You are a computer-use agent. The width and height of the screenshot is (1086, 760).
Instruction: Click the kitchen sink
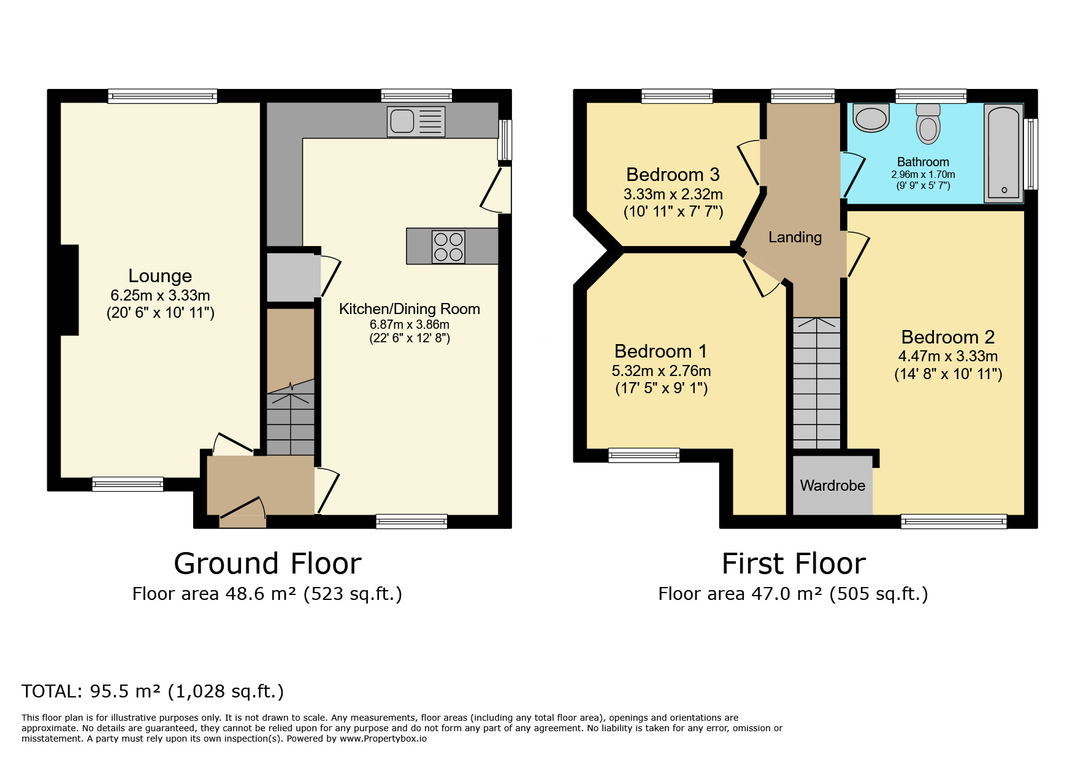[416, 121]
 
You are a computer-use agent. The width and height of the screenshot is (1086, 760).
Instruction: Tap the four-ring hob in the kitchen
[448, 247]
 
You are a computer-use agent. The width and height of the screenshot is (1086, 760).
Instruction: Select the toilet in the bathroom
[928, 123]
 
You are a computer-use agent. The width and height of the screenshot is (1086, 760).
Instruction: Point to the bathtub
[1004, 153]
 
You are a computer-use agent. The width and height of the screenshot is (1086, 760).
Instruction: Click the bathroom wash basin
[871, 118]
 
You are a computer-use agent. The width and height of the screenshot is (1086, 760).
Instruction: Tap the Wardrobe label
[833, 485]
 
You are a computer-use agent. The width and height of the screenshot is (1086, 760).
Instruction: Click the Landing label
[795, 237]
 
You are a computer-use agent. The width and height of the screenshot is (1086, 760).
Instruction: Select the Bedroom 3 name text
[673, 174]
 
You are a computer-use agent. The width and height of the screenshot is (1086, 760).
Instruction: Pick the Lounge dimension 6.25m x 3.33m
[160, 295]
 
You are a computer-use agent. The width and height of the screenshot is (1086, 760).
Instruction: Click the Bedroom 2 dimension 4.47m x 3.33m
[948, 356]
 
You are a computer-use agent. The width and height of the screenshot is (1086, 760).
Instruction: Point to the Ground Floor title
[268, 563]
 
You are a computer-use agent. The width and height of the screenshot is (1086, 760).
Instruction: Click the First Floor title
[793, 563]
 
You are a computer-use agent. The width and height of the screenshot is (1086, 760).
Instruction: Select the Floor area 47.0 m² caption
[793, 594]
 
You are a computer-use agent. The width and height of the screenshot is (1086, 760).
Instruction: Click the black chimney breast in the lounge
[69, 290]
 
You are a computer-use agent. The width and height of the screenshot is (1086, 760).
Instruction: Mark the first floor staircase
[817, 383]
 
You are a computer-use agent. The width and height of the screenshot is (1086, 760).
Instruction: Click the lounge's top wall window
[163, 96]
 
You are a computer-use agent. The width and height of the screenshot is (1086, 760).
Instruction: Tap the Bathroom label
[923, 162]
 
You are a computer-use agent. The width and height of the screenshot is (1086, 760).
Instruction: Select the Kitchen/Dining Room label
[410, 309]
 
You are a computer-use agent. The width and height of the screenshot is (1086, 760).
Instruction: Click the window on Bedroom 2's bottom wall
[954, 521]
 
